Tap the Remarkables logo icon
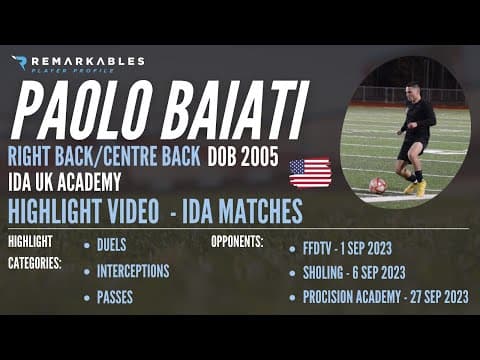pyautogui.click(x=18, y=63)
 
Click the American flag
pyautogui.click(x=310, y=173)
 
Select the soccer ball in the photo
pyautogui.click(x=377, y=185)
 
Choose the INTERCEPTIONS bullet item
pyautogui.click(x=133, y=271)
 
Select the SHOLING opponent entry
pyautogui.click(x=353, y=271)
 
